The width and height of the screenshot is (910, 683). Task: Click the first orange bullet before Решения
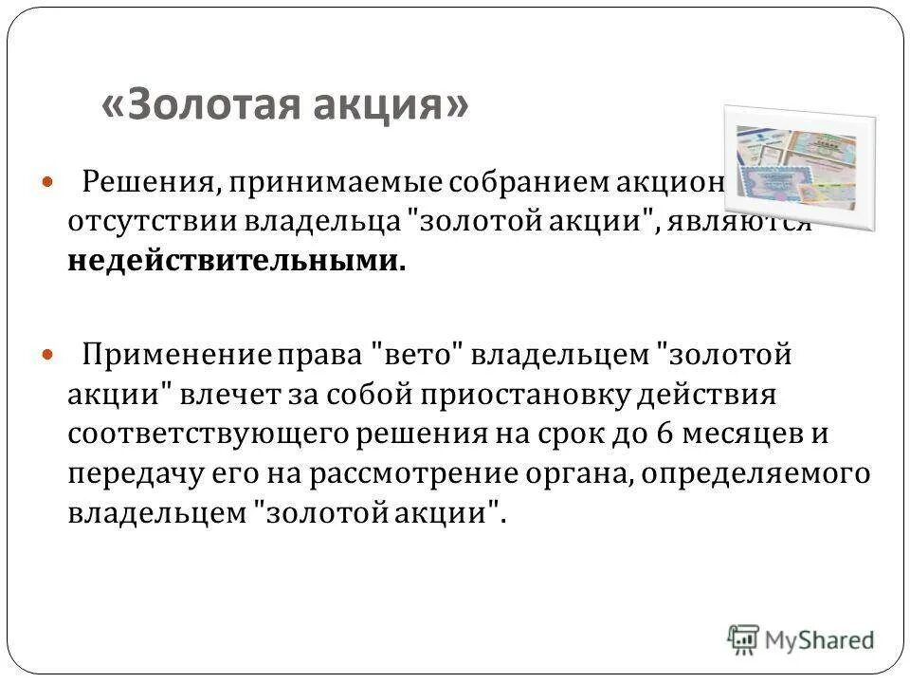[x=50, y=180]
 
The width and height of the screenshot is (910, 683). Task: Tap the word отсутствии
[x=151, y=220]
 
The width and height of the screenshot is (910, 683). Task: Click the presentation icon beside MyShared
[x=744, y=637]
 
